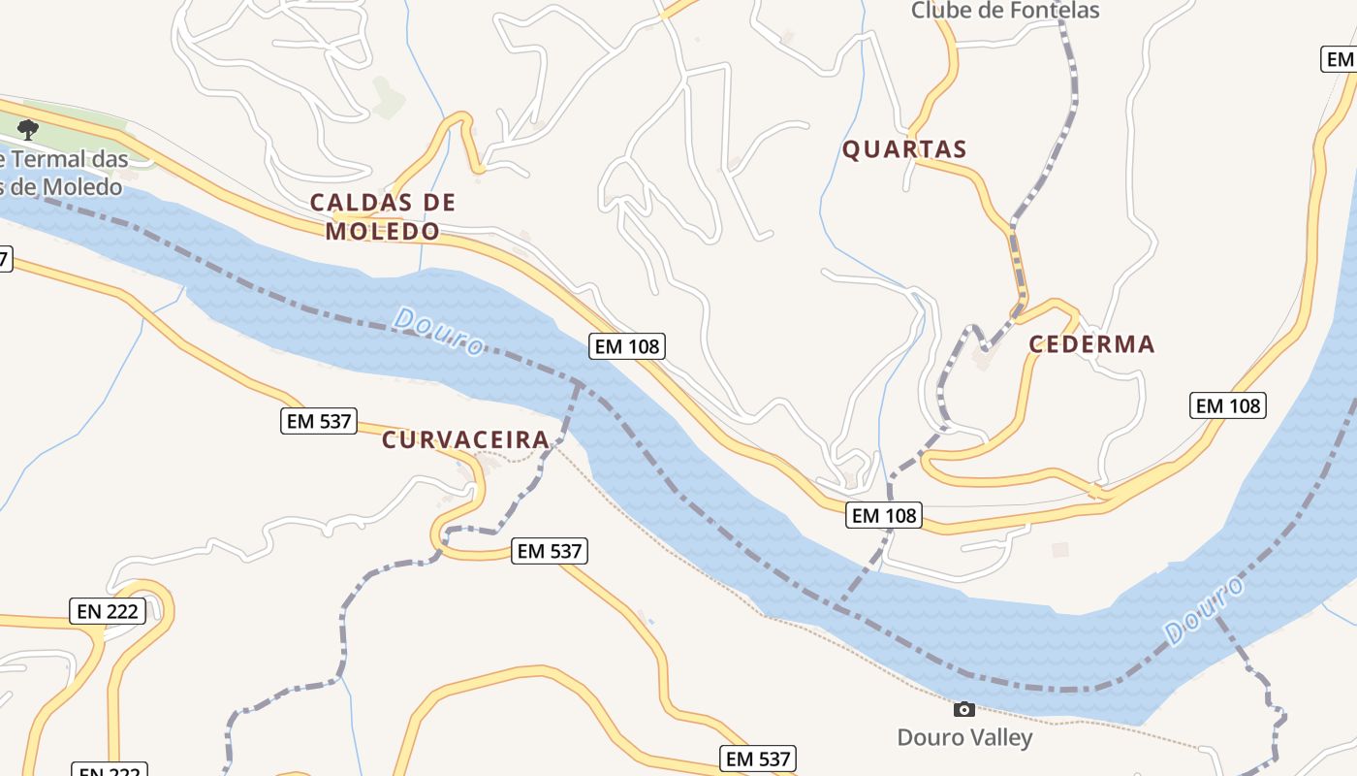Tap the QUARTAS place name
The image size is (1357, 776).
point(904,149)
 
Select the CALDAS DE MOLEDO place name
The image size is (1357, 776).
point(382,216)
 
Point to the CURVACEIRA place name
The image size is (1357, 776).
point(466,439)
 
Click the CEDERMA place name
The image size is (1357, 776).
point(1091,344)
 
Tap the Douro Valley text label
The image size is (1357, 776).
point(964,737)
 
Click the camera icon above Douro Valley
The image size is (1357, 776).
point(963,709)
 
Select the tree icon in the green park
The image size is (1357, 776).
point(28,129)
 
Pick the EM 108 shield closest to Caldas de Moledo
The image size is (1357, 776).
point(627,346)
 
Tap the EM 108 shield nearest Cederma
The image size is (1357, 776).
point(1228,405)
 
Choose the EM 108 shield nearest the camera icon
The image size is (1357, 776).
point(884,515)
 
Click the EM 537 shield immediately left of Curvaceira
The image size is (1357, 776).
point(319,422)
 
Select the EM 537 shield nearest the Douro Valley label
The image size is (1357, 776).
point(758,759)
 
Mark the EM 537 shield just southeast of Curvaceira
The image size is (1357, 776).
point(551,551)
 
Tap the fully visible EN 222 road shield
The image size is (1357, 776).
point(108,611)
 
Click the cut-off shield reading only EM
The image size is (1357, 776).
point(1340,59)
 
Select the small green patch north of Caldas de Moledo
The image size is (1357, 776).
point(388,97)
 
